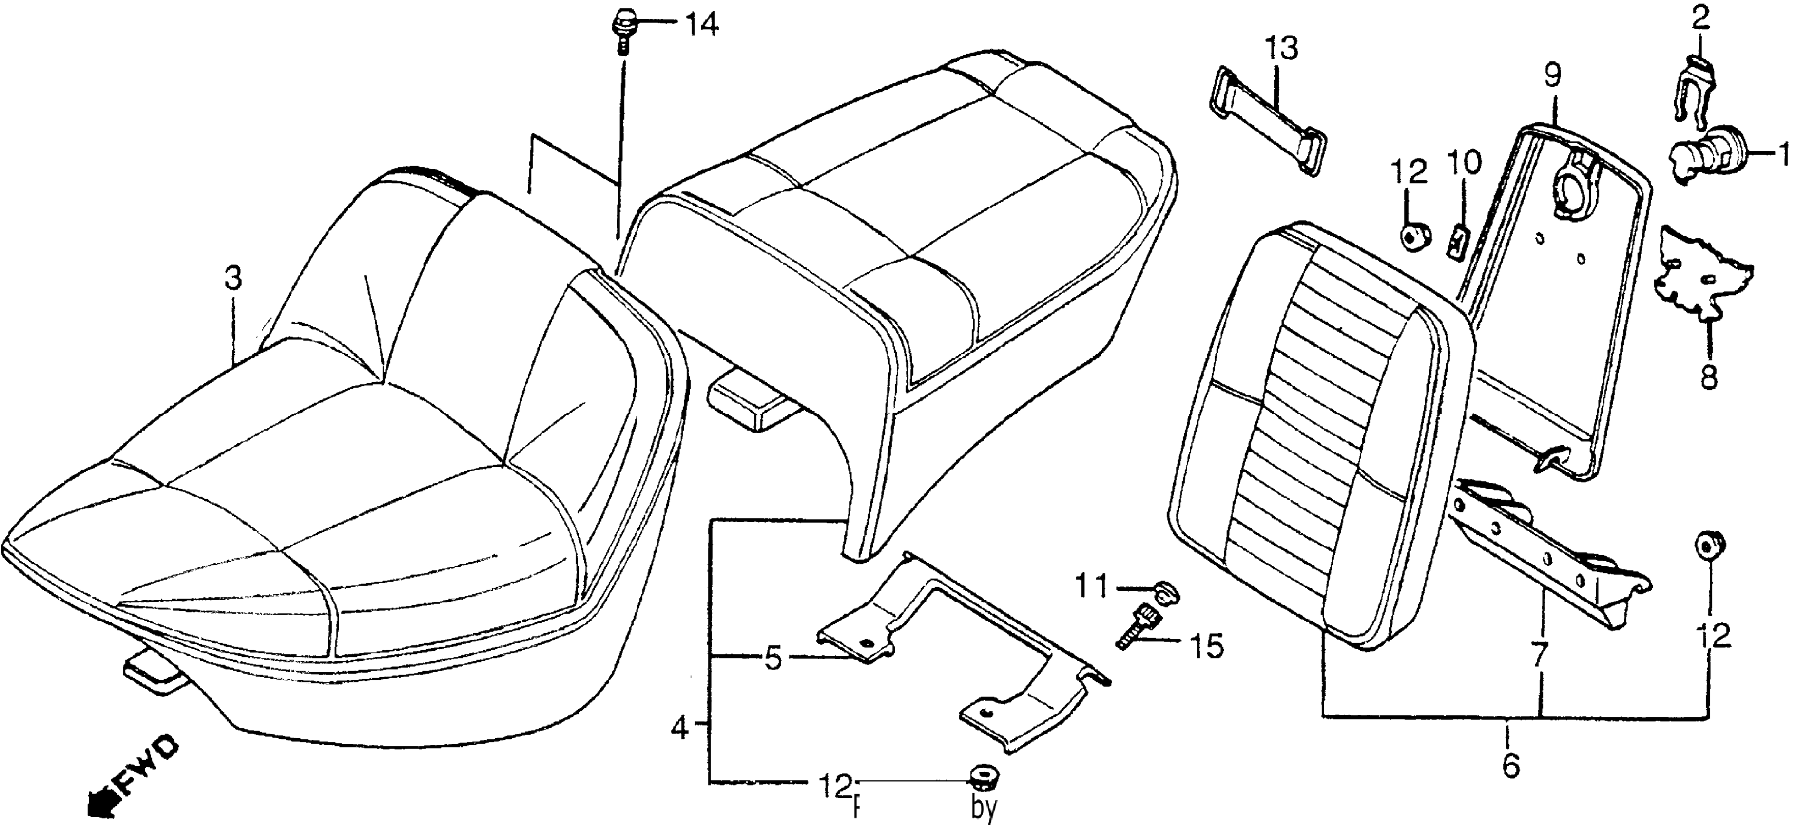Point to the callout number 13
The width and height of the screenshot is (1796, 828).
(x=1282, y=50)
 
